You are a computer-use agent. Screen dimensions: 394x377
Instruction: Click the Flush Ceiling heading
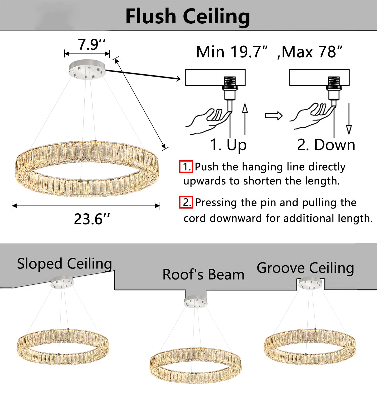pyautogui.click(x=187, y=17)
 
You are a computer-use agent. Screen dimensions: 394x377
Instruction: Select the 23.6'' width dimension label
pyautogui.click(x=92, y=219)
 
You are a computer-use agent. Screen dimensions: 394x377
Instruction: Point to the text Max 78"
pyautogui.click(x=312, y=52)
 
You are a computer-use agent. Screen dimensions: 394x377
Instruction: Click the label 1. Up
pyautogui.click(x=228, y=145)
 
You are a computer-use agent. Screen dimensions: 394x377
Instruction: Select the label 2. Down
pyautogui.click(x=326, y=145)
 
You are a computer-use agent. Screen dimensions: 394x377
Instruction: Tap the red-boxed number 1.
pyautogui.click(x=186, y=167)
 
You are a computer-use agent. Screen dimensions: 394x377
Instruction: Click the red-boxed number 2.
pyautogui.click(x=186, y=202)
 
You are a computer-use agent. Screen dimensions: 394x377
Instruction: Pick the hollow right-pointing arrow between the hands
pyautogui.click(x=273, y=116)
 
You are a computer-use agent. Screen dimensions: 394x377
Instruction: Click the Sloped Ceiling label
pyautogui.click(x=64, y=264)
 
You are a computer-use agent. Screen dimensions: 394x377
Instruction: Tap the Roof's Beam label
pyautogui.click(x=203, y=274)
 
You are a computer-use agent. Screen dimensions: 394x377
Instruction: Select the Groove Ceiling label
pyautogui.click(x=305, y=268)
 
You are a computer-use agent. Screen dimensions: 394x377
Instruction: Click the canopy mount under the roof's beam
pyautogui.click(x=196, y=301)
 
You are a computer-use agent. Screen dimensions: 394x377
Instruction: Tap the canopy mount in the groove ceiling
pyautogui.click(x=310, y=283)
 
